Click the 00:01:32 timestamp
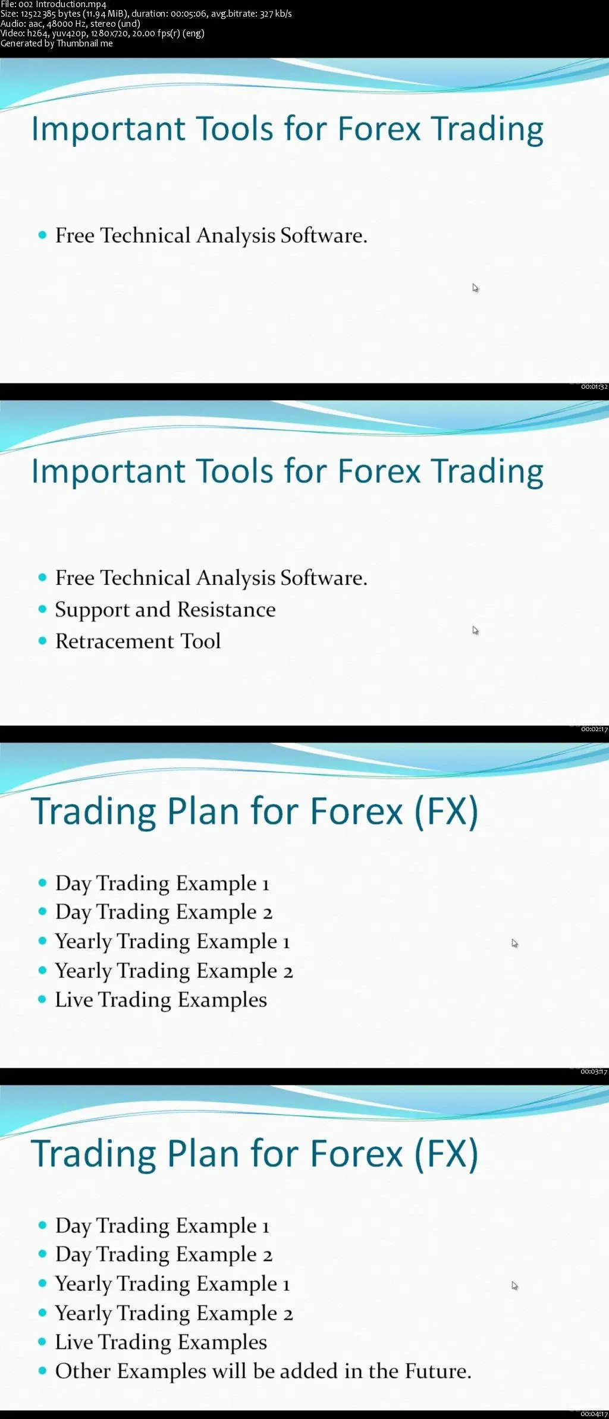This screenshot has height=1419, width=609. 594,387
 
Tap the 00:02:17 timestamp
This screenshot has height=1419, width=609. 594,729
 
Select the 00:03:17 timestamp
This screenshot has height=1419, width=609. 594,1072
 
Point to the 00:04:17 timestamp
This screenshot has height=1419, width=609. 594,1414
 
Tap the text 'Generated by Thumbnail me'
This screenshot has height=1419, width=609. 56,43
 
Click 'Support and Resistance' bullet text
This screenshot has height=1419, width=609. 165,609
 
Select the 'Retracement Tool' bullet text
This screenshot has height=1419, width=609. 138,641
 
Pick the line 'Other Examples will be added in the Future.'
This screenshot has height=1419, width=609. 263,1371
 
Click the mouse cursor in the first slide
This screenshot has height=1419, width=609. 475,288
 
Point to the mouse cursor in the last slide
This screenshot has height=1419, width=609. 514,1286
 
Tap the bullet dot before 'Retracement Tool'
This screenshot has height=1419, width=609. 42,641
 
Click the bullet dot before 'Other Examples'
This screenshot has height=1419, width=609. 42,1371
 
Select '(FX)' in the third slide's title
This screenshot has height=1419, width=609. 445,811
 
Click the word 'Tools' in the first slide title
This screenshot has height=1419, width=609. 235,128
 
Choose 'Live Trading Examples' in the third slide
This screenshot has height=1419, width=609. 161,1000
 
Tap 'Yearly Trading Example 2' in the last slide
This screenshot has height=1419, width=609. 174,1313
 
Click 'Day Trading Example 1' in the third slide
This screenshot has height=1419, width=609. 162,883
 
